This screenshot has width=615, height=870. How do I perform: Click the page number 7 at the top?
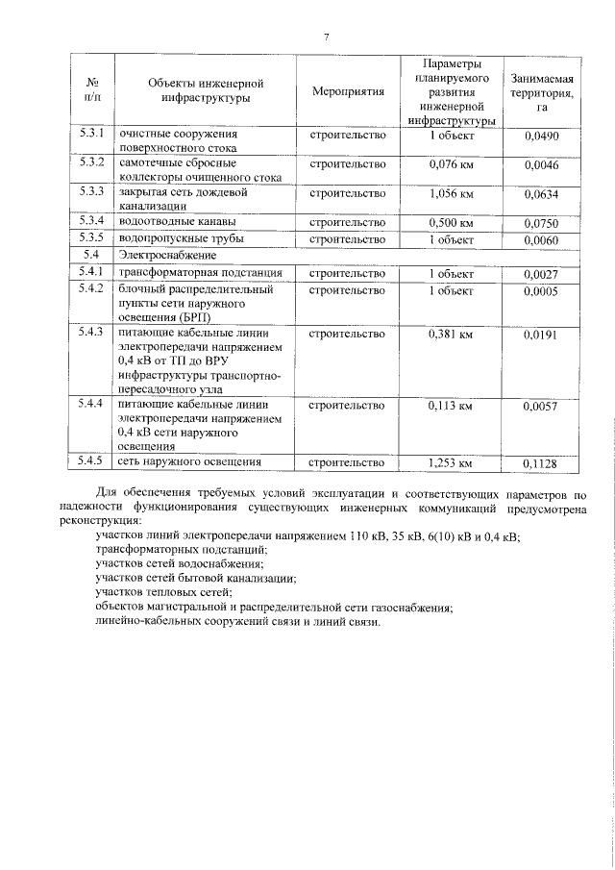326,36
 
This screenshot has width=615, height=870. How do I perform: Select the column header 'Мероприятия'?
348,92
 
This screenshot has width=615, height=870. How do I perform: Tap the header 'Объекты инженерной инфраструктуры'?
206,91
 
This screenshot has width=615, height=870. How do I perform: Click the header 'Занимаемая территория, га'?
542,92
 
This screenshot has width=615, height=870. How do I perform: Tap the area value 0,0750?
542,223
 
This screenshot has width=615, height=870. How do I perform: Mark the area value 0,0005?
542,290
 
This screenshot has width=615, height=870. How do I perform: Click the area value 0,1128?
542,463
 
